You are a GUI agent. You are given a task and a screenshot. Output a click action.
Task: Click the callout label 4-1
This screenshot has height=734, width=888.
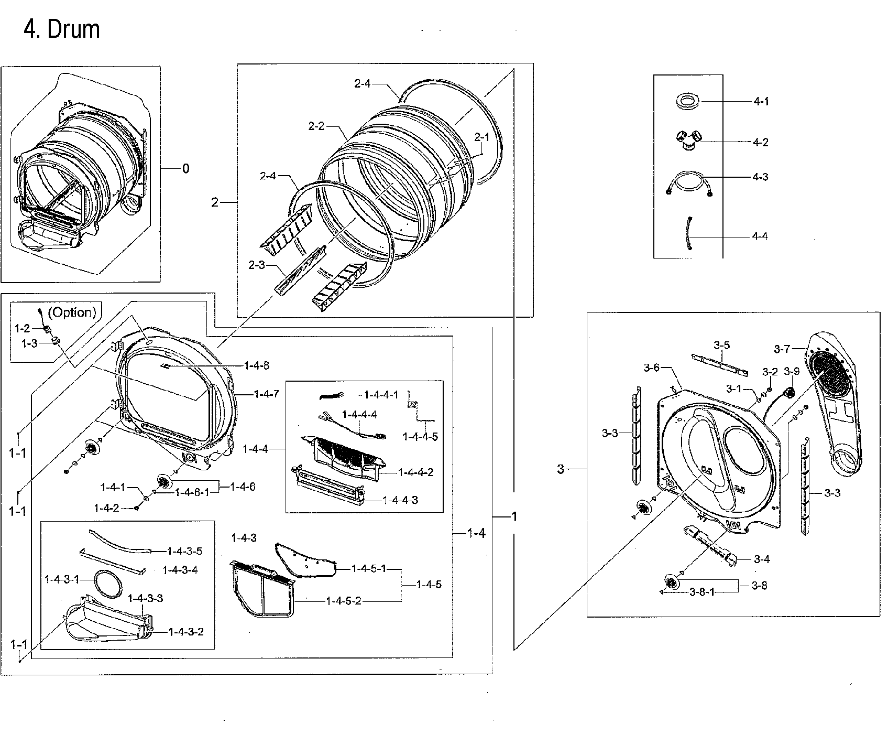[x=761, y=101]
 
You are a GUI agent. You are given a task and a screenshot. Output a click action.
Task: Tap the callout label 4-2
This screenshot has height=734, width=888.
[x=761, y=142]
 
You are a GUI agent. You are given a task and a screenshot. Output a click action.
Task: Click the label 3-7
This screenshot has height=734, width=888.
[x=782, y=349]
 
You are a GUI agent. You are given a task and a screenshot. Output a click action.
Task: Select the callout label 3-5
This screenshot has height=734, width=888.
[x=721, y=345]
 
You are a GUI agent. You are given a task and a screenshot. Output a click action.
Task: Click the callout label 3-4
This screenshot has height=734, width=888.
[x=762, y=559]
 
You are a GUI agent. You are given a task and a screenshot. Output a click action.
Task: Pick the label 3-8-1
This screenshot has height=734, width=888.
[x=702, y=592]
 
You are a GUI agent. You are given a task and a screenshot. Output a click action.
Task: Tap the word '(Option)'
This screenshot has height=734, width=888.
[x=72, y=312]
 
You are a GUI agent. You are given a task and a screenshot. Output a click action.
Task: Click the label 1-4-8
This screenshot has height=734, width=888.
[x=257, y=365]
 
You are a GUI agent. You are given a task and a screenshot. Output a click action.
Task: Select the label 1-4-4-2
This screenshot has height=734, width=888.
[x=415, y=472]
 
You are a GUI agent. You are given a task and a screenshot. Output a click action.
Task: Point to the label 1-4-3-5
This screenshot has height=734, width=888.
[x=184, y=551]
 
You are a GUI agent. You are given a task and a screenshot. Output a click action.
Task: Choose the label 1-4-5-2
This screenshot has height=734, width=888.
[x=343, y=601]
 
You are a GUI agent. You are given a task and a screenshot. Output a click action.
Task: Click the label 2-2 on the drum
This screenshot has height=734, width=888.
[x=316, y=126]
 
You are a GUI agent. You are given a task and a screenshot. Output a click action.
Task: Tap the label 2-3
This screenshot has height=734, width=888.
[x=257, y=265]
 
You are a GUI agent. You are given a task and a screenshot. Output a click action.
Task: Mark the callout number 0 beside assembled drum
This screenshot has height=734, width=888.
[x=185, y=168]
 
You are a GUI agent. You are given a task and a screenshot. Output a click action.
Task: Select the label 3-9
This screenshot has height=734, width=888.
[x=792, y=372]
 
